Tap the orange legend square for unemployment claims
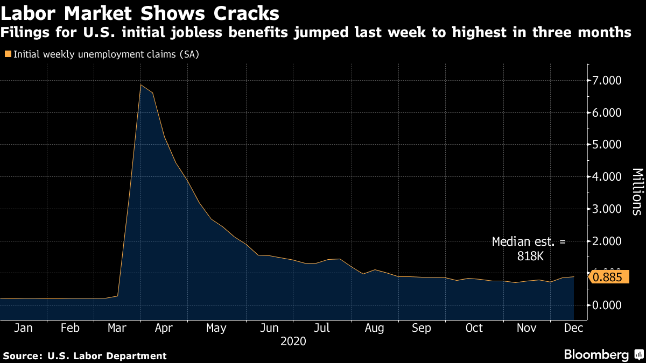[7, 54]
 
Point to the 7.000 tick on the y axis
[607, 81]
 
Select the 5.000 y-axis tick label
[607, 145]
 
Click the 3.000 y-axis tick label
[607, 209]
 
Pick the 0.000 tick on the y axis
[607, 305]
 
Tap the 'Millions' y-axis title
[637, 192]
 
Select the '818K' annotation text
[529, 257]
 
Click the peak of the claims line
[141, 84]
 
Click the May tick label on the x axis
[216, 328]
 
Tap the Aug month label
[374, 328]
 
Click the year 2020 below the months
[293, 341]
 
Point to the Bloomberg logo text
[596, 355]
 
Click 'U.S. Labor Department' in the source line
[107, 355]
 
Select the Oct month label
[474, 328]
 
